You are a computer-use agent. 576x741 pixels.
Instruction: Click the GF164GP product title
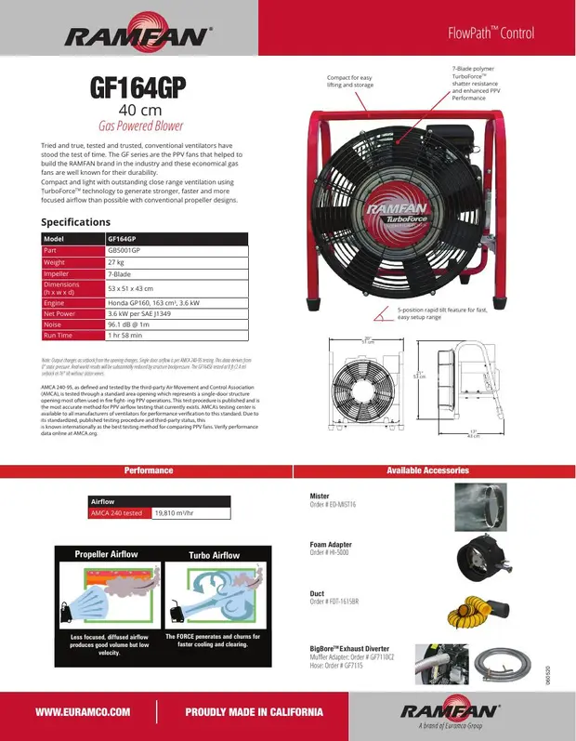coord(137,88)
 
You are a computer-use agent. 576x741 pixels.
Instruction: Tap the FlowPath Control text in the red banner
coord(491,33)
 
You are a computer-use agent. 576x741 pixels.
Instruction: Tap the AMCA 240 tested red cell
coord(116,511)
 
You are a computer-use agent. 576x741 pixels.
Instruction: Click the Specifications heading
coord(75,222)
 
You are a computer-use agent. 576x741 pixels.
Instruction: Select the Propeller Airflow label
coord(106,554)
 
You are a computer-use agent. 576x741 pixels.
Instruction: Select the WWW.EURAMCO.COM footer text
coord(81,712)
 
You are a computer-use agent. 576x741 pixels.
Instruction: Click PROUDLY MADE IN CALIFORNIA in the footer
coord(254,712)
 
